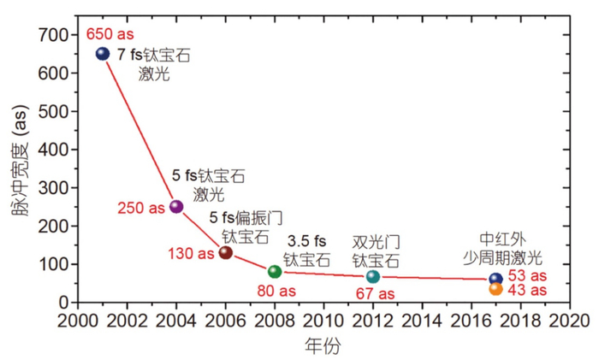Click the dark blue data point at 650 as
pyautogui.click(x=103, y=53)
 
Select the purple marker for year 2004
pyautogui.click(x=176, y=206)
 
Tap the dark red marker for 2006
pyautogui.click(x=226, y=252)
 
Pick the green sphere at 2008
pyautogui.click(x=275, y=271)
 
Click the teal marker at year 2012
pyautogui.click(x=373, y=276)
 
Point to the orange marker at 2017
pyautogui.click(x=495, y=289)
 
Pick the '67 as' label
pyautogui.click(x=374, y=294)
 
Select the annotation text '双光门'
pyautogui.click(x=375, y=241)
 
